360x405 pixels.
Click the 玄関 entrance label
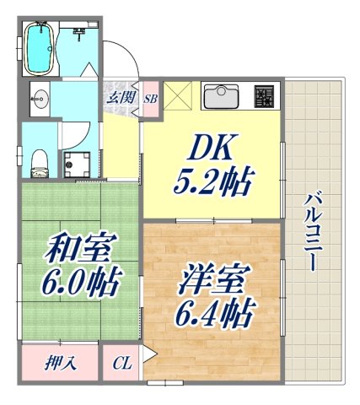tap(118, 97)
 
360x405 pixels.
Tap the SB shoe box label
tap(151, 99)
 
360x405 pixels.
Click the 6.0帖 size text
tap(83, 279)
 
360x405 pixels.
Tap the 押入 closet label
tap(60, 364)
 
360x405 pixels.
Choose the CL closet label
tap(122, 364)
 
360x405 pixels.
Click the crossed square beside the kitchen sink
tap(180, 95)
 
